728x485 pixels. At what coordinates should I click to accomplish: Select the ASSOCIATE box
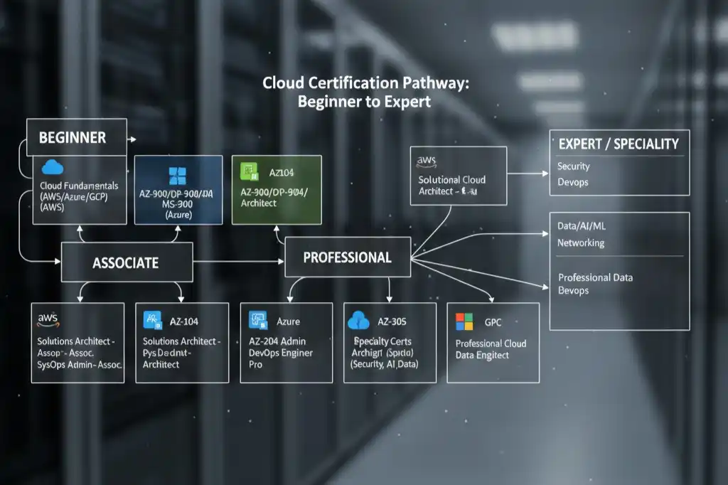tap(127, 262)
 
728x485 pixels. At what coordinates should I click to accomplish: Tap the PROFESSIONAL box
tap(347, 257)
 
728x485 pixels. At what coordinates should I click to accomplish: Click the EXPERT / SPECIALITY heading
tap(619, 144)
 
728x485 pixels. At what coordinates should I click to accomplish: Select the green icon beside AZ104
tap(250, 171)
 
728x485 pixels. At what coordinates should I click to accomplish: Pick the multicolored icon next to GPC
tap(464, 321)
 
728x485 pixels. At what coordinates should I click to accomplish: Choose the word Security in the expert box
tap(574, 166)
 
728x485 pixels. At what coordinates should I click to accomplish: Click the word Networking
tap(581, 242)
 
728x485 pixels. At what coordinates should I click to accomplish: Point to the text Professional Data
tap(595, 277)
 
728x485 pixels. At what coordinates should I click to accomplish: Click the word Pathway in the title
tap(434, 83)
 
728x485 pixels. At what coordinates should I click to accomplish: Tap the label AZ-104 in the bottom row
tap(184, 321)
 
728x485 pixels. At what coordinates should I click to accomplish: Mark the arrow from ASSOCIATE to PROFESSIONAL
tap(238, 262)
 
